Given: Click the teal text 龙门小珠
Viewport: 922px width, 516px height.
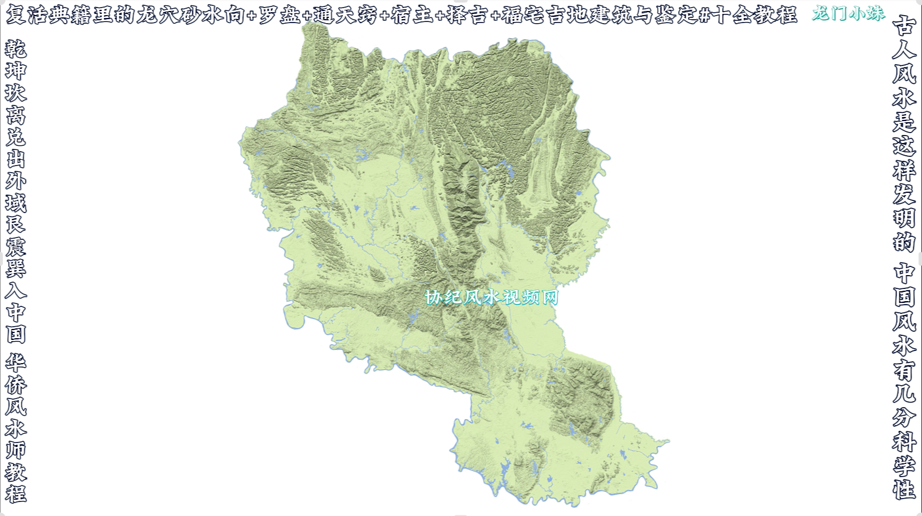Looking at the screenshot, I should [x=848, y=13].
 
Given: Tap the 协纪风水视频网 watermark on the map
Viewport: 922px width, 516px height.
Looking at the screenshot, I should [x=491, y=297].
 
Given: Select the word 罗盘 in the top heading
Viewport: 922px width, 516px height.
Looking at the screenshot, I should [x=279, y=15].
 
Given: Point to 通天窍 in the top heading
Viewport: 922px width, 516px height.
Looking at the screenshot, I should [x=345, y=15].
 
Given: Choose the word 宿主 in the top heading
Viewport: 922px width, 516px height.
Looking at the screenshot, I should [x=412, y=15].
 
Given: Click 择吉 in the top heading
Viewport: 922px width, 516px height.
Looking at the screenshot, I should [x=467, y=15].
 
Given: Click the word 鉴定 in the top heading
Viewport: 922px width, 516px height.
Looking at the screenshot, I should [x=677, y=15].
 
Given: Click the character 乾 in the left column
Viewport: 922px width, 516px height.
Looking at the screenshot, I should [x=16, y=49].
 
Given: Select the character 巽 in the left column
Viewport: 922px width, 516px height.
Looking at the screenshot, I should [x=16, y=268].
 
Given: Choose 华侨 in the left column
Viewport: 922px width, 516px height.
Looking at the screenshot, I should [x=16, y=374].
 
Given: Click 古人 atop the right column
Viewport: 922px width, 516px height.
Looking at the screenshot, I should [x=904, y=38].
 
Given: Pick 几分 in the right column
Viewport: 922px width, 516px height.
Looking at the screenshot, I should [x=904, y=405].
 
